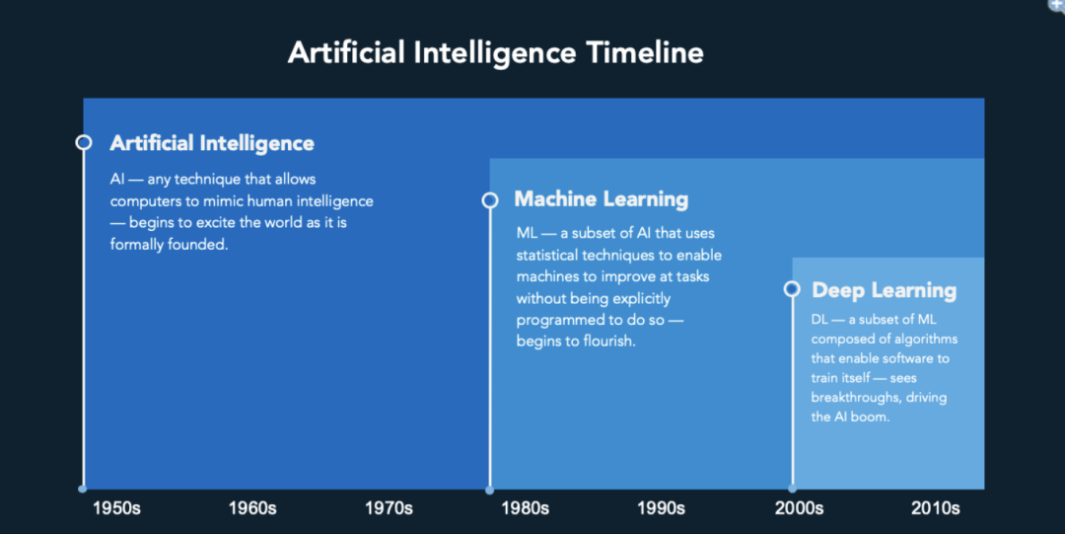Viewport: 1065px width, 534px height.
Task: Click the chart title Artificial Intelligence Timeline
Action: [x=496, y=53]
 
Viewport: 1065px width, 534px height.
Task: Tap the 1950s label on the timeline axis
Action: [x=116, y=508]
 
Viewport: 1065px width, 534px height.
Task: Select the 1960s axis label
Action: [x=252, y=508]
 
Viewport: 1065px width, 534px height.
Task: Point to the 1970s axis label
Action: [x=389, y=508]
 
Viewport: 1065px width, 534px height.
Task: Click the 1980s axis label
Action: [x=525, y=508]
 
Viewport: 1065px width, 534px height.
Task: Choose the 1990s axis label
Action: [x=661, y=508]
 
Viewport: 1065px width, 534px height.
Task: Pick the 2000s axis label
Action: [x=800, y=508]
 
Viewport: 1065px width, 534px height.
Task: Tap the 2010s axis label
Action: [x=935, y=508]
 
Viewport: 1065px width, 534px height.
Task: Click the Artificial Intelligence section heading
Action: [x=212, y=143]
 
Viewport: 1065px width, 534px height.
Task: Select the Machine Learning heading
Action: [x=602, y=199]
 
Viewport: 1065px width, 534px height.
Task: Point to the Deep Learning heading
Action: [x=884, y=290]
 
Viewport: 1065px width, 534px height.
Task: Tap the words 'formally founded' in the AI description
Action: [x=170, y=244]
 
